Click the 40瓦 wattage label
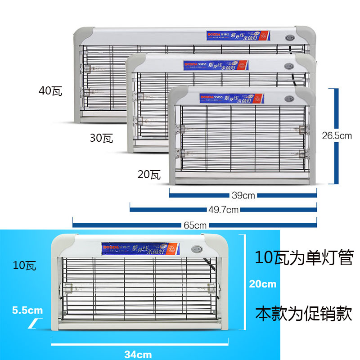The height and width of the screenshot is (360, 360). [x=50, y=91]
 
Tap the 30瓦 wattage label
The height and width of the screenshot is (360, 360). [x=101, y=138]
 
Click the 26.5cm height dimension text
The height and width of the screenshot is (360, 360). [x=337, y=135]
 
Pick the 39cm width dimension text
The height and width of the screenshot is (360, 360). [x=243, y=195]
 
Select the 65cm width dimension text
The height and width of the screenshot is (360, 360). [x=194, y=225]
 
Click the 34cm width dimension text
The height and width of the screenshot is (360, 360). [x=138, y=354]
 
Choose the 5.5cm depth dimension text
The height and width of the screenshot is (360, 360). [x=28, y=310]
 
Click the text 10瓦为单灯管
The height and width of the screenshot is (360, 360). [x=303, y=258]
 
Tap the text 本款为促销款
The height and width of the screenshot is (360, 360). [x=303, y=314]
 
